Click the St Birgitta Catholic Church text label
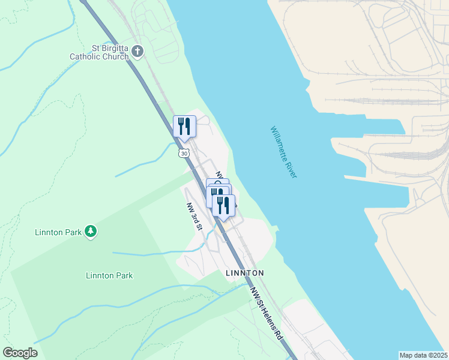pyautogui.click(x=99, y=52)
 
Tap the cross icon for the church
pyautogui.click(x=137, y=52)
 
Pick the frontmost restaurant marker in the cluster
pyautogui.click(x=223, y=206)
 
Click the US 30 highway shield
pyautogui.click(x=184, y=153)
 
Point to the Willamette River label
pyautogui.click(x=284, y=152)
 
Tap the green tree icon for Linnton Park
pyautogui.click(x=91, y=231)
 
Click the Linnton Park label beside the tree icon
pyautogui.click(x=58, y=232)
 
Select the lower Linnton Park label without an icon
pyautogui.click(x=109, y=275)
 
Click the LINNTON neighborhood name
pyautogui.click(x=244, y=273)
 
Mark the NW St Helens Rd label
pyautogui.click(x=268, y=313)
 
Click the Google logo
pyautogui.click(x=20, y=353)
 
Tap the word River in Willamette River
pyautogui.click(x=292, y=169)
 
